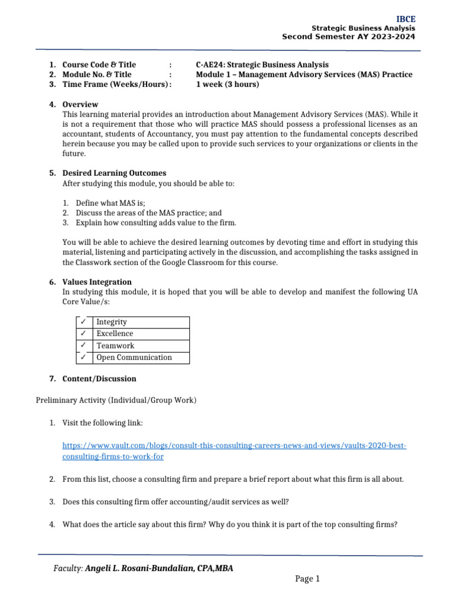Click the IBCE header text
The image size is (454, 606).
(406, 20)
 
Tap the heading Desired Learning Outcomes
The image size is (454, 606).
(114, 173)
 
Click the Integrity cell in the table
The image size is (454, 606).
(112, 322)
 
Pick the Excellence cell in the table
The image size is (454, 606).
(115, 334)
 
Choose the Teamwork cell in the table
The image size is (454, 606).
(115, 346)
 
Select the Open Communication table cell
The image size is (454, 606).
(134, 357)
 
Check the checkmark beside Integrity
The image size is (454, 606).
(83, 322)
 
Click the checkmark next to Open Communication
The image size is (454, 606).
(83, 357)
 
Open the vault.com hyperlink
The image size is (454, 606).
(234, 445)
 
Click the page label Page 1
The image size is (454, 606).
(307, 579)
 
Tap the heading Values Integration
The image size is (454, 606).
(97, 282)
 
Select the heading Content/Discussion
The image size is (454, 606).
(99, 379)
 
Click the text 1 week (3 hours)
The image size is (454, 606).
(228, 84)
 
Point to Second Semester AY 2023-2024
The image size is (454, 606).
(348, 37)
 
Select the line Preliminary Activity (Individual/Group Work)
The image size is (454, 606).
(116, 401)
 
